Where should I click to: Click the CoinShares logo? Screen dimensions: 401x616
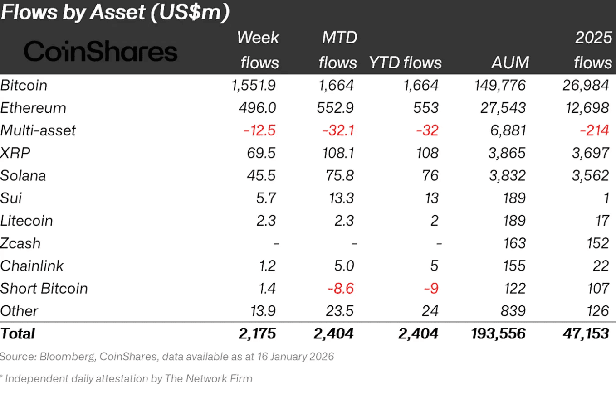click(x=100, y=52)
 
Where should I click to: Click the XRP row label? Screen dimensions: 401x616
click(x=15, y=153)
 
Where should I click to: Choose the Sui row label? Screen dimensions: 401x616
click(x=11, y=198)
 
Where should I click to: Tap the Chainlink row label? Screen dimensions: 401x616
click(x=32, y=266)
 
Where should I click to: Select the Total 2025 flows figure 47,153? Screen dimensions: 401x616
click(x=585, y=334)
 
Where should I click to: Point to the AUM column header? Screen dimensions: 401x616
click(x=510, y=62)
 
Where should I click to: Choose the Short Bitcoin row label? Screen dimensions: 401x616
click(x=44, y=288)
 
